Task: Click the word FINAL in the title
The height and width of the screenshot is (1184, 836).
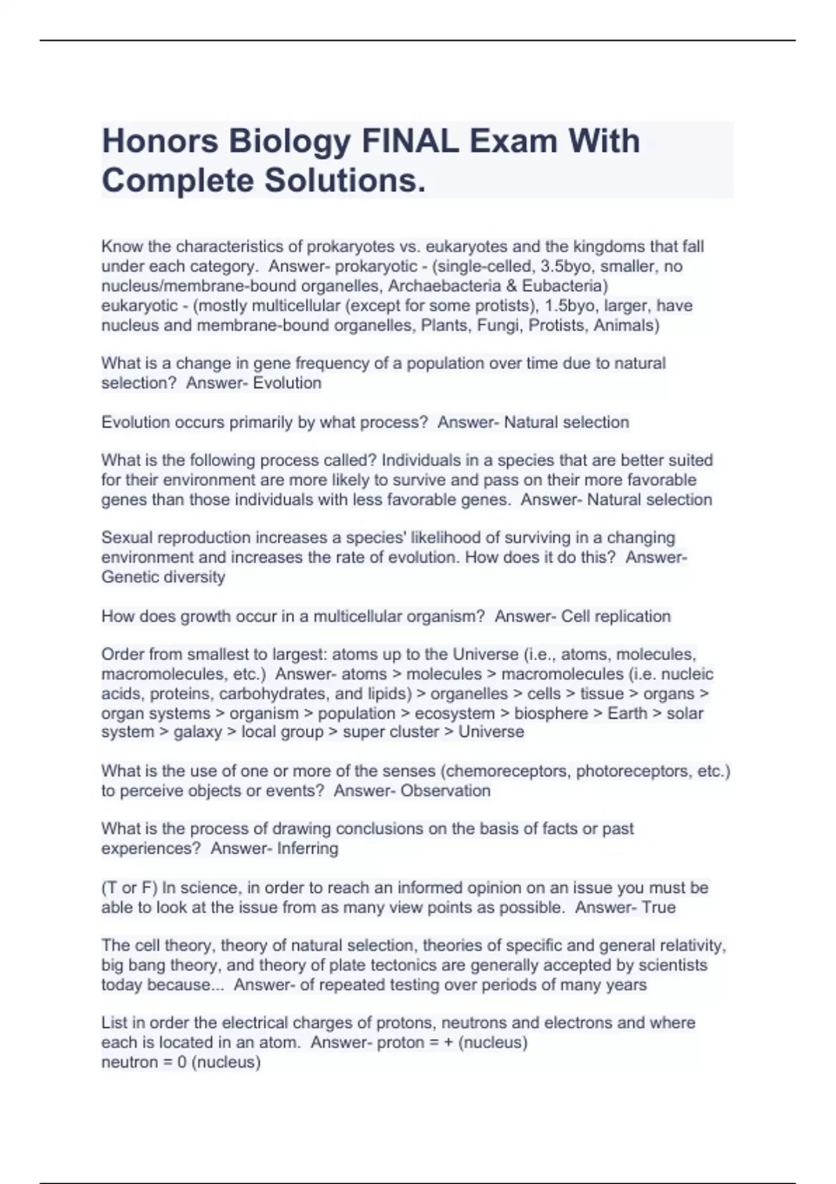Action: [x=410, y=141]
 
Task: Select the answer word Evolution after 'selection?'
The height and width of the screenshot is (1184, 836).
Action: [x=287, y=383]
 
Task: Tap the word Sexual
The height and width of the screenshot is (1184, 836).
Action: [x=128, y=538]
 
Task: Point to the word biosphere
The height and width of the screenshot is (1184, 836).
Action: [x=550, y=713]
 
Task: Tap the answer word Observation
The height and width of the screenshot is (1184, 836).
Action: [x=445, y=791]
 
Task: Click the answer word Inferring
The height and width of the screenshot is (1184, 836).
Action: [x=307, y=849]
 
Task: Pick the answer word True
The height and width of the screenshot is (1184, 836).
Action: [x=658, y=908]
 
